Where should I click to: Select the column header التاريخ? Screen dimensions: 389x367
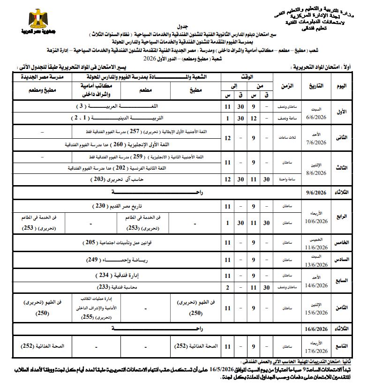click(316, 86)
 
